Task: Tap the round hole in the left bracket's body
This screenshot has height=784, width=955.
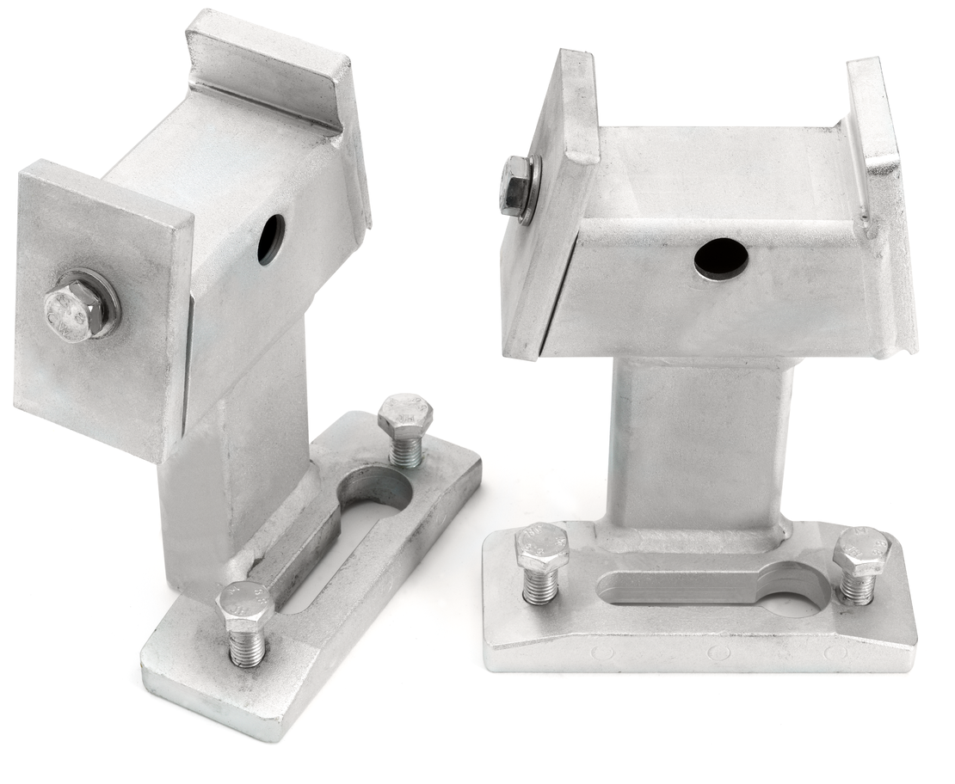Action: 270,237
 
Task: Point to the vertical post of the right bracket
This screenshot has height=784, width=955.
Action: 697,447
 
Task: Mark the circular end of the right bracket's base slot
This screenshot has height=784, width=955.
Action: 800,593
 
